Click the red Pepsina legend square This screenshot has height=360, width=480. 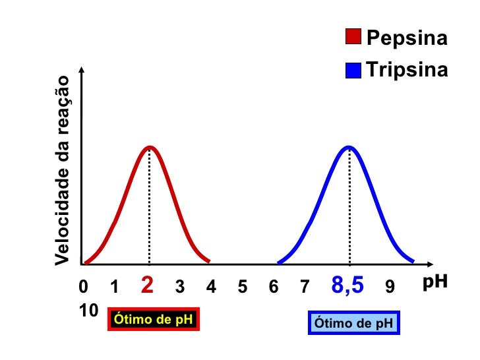(x=353, y=37)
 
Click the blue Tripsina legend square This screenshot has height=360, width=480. (x=353, y=70)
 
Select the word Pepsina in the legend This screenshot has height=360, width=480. (x=407, y=38)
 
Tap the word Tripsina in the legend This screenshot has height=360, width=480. (x=407, y=70)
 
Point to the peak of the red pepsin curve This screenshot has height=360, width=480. (x=150, y=147)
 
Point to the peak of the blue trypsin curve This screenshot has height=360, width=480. (x=349, y=147)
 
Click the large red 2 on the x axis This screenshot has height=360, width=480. (x=148, y=285)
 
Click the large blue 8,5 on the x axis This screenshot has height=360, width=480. (x=347, y=285)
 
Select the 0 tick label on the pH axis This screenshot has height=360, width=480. (x=82, y=287)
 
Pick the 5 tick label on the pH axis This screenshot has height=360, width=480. (x=242, y=287)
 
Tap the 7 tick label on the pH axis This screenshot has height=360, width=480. (x=305, y=287)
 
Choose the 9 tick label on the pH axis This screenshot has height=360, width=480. (x=390, y=287)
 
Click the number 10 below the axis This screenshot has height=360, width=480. (x=88, y=310)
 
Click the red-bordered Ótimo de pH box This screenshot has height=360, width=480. (x=153, y=320)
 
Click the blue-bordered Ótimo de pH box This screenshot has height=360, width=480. (x=354, y=323)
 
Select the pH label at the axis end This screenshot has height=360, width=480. (x=435, y=282)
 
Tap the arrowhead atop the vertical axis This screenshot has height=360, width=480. (x=82, y=70)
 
